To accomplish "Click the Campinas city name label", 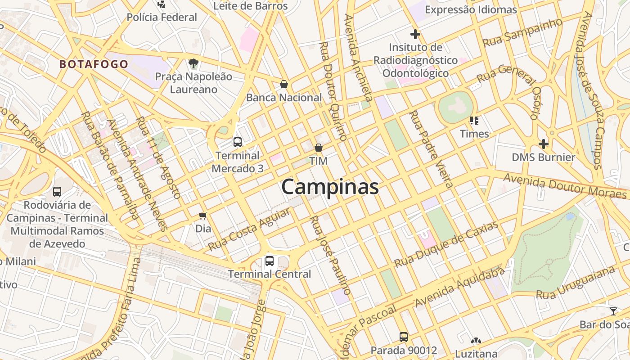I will pos(330,187).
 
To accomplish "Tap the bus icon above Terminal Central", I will pos(269,261).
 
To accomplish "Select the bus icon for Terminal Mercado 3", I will pos(238,142).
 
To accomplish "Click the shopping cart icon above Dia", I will pos(203,216).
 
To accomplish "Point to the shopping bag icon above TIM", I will pos(319,148).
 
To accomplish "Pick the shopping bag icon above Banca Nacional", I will pos(284,84).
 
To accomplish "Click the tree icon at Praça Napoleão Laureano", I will pos(193,63).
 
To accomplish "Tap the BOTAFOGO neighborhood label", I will pos(94,64).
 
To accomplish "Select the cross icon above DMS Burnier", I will pos(544,144).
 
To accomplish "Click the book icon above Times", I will pos(474,121).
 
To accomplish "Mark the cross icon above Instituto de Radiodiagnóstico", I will pos(415,34).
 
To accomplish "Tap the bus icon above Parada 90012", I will pos(404,337).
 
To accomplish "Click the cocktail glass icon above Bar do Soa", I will pos(613,311).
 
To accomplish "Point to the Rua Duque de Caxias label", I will pos(446,244).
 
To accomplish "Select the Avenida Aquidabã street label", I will pos(459,287).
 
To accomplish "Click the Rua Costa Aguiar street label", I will pos(249,230).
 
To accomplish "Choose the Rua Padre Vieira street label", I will pos(430,149).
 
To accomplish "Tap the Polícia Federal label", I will pos(162,18).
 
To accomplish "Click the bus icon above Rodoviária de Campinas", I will pos(57,191).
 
